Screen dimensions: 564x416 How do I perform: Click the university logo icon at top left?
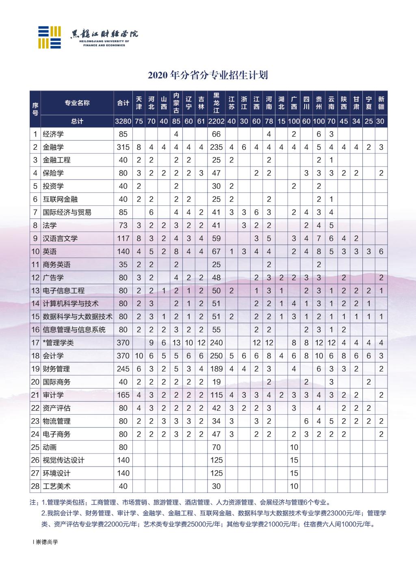(x=50, y=37)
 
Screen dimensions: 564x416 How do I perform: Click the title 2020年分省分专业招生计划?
(x=208, y=76)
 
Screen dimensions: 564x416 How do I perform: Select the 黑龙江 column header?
(x=216, y=103)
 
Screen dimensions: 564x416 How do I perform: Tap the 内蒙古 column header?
(x=176, y=103)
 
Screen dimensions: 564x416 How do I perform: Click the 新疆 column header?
(x=381, y=103)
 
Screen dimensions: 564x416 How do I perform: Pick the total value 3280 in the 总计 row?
(x=123, y=121)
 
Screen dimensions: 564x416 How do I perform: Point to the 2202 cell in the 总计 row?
(x=216, y=121)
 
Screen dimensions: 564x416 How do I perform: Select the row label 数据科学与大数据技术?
(x=77, y=317)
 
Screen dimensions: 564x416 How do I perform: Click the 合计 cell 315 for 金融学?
(x=123, y=147)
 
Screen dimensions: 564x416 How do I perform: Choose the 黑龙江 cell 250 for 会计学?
(x=216, y=356)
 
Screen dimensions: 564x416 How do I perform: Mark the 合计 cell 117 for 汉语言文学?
(x=123, y=238)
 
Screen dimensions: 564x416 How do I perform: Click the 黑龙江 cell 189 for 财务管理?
(x=216, y=369)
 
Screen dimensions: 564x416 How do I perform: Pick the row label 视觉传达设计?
(x=63, y=460)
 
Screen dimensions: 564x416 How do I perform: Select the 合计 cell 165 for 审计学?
(x=123, y=395)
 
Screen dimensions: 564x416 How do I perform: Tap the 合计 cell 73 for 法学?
(x=123, y=225)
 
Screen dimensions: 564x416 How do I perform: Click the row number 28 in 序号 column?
(x=35, y=486)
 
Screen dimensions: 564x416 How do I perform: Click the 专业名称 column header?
(x=77, y=103)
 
